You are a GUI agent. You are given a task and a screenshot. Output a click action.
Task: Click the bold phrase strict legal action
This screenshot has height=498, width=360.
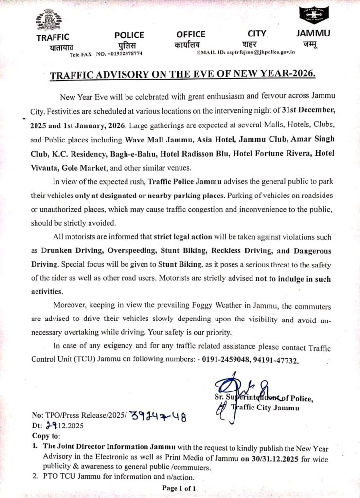click(183, 237)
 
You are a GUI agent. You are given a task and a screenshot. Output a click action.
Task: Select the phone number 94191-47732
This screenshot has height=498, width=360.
click(275, 361)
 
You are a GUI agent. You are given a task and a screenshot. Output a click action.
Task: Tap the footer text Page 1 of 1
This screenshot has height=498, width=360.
click(179, 488)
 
